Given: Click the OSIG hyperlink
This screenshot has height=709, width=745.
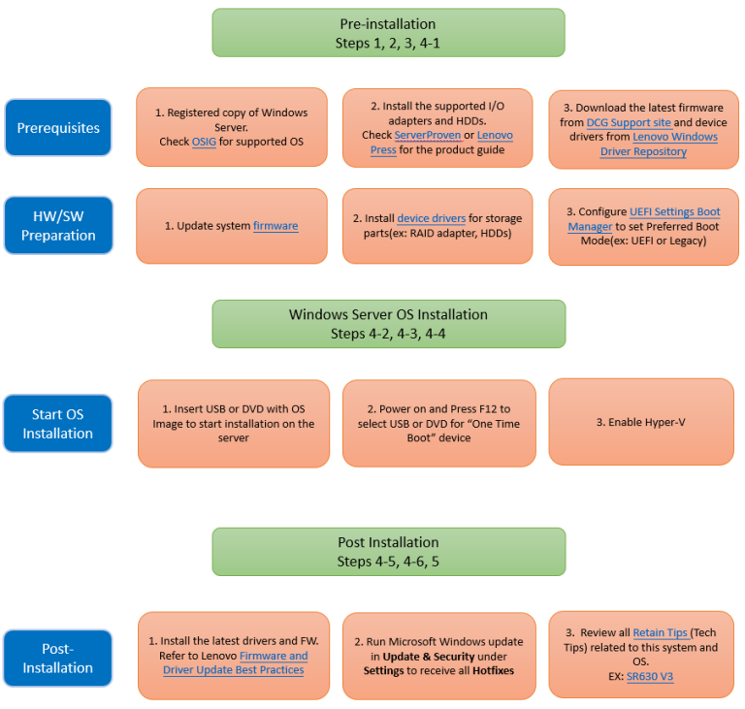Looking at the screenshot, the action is (x=204, y=142).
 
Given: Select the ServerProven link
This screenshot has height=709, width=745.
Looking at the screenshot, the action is (x=427, y=135).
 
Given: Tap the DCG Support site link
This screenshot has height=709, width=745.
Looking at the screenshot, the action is (x=629, y=122).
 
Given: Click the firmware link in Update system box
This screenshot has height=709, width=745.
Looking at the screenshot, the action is (x=275, y=226).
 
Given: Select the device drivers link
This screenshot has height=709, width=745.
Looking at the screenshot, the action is (x=431, y=218).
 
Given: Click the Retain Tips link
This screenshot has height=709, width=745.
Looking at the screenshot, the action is (x=660, y=633).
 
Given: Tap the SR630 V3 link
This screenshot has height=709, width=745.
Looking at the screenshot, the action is (x=650, y=677).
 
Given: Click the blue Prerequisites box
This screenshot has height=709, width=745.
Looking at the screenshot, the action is (x=58, y=127).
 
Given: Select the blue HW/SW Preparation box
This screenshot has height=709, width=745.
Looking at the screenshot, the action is (x=58, y=225).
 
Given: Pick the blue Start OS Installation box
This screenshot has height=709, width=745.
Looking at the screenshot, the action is (x=58, y=424).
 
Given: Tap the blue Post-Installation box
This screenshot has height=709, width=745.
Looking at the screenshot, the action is (x=58, y=659).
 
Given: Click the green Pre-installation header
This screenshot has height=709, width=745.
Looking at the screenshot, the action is (x=388, y=33).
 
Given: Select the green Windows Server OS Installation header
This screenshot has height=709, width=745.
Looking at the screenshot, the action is (x=389, y=324).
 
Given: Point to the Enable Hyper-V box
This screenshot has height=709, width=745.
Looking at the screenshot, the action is (x=641, y=422).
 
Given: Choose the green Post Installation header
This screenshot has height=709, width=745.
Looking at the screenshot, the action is (x=389, y=552).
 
